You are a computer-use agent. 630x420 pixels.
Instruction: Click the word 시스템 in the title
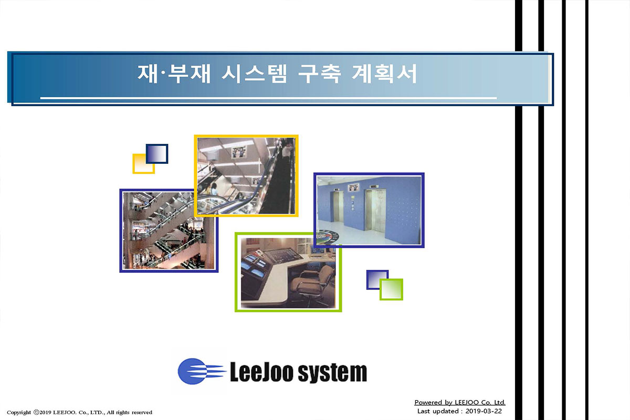point(254,73)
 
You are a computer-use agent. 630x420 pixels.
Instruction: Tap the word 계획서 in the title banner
point(384,73)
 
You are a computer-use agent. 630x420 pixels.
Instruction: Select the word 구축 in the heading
point(319,73)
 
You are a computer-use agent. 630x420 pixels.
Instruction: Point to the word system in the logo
point(332,373)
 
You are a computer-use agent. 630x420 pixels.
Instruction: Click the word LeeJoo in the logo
point(261,372)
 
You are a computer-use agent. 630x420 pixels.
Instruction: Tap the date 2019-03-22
point(484,411)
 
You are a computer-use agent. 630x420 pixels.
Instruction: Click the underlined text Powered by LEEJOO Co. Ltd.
point(460,403)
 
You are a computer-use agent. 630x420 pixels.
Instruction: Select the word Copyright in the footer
point(19,413)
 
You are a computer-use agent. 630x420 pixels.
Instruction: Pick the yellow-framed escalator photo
point(246,176)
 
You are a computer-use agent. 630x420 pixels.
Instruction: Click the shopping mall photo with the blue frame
point(169,230)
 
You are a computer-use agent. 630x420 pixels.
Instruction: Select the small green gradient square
point(391,289)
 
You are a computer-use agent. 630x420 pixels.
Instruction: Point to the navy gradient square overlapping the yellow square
point(157,154)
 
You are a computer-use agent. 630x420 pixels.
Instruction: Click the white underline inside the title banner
point(268,98)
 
